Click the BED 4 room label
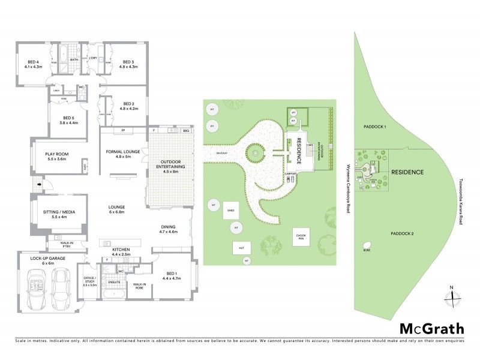pos(33,64)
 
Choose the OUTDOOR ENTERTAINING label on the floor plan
pos(172,166)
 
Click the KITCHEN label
pos(122,251)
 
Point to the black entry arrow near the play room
pos(40,185)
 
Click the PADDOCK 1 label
pos(376,127)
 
